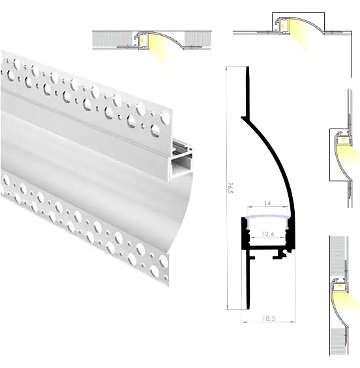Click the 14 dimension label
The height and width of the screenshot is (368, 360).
[267, 203]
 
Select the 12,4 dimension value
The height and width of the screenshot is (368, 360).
[268, 234]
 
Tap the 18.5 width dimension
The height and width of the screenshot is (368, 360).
[269, 318]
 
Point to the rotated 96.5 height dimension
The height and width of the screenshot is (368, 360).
[230, 188]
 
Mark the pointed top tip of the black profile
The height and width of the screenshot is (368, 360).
[247, 67]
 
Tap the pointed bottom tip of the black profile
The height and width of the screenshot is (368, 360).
[248, 309]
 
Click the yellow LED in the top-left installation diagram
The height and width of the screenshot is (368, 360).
[142, 41]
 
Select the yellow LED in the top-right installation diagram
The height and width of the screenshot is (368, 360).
[282, 25]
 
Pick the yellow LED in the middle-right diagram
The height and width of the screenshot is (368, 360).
[343, 139]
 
